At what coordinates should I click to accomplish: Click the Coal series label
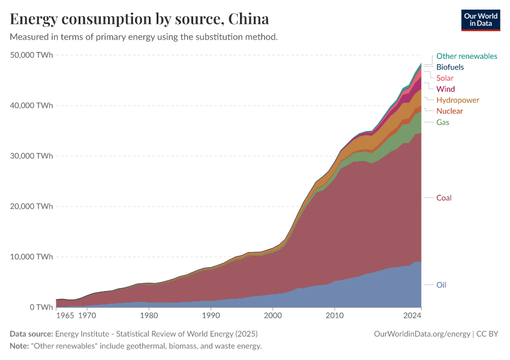pyautogui.click(x=443, y=198)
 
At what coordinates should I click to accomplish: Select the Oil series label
pyautogui.click(x=441, y=285)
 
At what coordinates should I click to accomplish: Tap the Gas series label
pyautogui.click(x=443, y=122)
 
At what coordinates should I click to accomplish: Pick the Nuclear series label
pyautogui.click(x=449, y=111)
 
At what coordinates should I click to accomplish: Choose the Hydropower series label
pyautogui.click(x=457, y=100)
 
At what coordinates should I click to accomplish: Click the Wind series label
pyautogui.click(x=445, y=89)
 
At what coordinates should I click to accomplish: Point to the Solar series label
pyautogui.click(x=445, y=78)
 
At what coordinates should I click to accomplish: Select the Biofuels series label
pyautogui.click(x=450, y=67)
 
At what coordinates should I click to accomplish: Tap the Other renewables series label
pyautogui.click(x=466, y=56)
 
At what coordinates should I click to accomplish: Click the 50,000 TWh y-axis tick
pyautogui.click(x=32, y=55)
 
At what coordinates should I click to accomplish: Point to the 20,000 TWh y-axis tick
pyautogui.click(x=32, y=206)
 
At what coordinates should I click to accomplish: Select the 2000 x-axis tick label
pyautogui.click(x=272, y=315)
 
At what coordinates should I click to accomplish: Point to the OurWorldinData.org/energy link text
pyautogui.click(x=422, y=334)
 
